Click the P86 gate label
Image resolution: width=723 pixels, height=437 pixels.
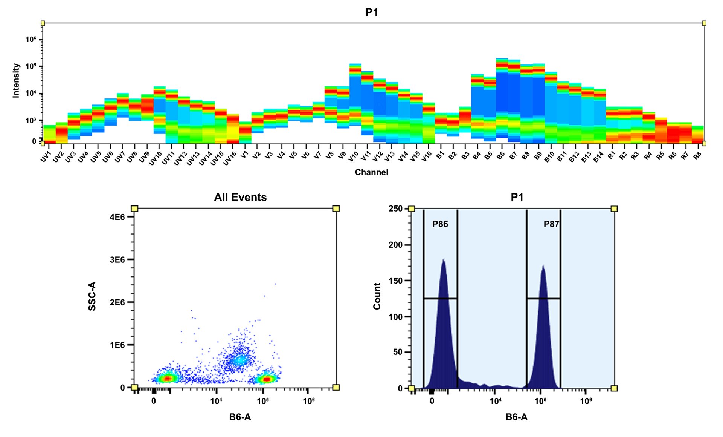pyautogui.click(x=440, y=224)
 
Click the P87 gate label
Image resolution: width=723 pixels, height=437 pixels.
pyautogui.click(x=551, y=224)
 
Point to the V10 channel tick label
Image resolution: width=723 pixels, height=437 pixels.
pyautogui.click(x=353, y=156)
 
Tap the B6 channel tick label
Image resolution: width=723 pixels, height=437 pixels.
pyautogui.click(x=500, y=156)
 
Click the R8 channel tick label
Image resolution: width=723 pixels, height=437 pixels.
pyautogui.click(x=697, y=155)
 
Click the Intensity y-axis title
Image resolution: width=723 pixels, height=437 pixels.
pyautogui.click(x=16, y=80)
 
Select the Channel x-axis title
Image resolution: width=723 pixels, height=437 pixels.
pyautogui.click(x=371, y=172)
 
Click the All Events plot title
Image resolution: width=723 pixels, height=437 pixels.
pyautogui.click(x=240, y=197)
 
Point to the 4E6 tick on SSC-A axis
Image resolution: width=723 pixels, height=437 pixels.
pyautogui.click(x=117, y=217)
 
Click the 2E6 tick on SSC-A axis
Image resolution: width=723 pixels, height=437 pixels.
pyautogui.click(x=117, y=302)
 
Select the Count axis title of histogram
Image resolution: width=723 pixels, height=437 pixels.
pyautogui.click(x=377, y=296)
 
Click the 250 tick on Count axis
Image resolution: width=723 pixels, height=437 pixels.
pyautogui.click(x=395, y=209)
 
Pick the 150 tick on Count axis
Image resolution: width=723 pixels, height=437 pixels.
pyautogui.click(x=395, y=281)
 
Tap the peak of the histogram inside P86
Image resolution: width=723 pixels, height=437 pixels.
pyautogui.click(x=444, y=260)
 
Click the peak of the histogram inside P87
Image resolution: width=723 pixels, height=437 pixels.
pyautogui.click(x=543, y=266)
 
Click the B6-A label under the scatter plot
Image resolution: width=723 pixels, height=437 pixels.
pyautogui.click(x=240, y=417)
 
